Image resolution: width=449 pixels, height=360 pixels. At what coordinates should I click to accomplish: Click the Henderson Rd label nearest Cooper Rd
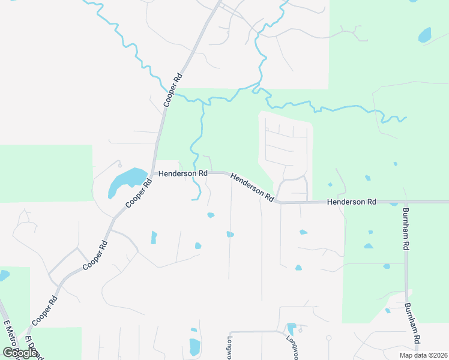(182, 173)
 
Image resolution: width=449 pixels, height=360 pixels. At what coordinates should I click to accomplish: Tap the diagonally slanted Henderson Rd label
(252, 187)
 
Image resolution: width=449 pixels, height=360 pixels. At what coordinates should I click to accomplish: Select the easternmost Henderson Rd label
(351, 202)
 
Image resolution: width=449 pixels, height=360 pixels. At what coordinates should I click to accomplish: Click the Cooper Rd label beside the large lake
(137, 196)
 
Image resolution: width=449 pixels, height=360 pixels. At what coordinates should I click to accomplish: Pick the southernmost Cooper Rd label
(44, 311)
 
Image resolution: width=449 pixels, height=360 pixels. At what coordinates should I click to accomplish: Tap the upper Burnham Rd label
(406, 229)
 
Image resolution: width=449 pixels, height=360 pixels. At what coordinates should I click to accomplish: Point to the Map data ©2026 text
(423, 355)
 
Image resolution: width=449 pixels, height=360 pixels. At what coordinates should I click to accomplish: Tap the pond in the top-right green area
(425, 35)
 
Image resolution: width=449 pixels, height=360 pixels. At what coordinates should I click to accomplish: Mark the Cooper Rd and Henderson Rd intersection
(154, 173)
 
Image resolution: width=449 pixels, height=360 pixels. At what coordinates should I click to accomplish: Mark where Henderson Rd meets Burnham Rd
(405, 202)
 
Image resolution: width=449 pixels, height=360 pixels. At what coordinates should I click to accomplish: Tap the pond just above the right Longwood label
(291, 328)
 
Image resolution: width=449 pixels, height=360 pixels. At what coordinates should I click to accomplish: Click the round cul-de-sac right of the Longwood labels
(328, 338)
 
